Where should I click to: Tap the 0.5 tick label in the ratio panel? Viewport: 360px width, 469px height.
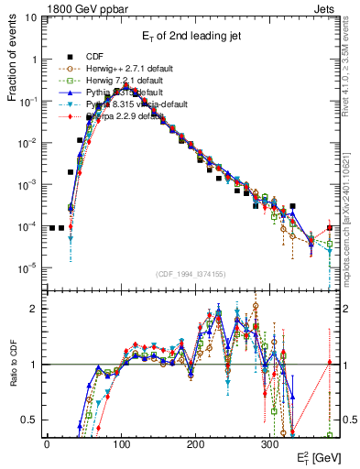tap(29, 420)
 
